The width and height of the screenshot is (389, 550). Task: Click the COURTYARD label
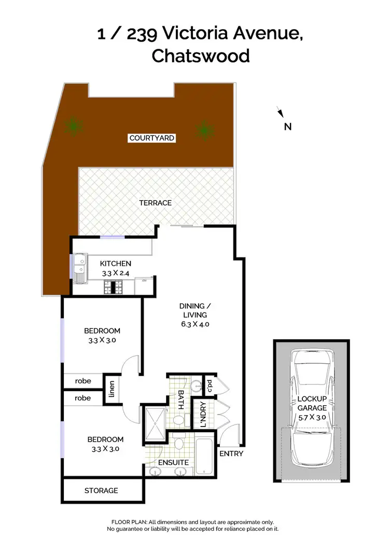point(152,138)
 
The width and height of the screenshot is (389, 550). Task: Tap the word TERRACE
point(155,203)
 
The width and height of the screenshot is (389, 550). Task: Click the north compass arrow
point(280,112)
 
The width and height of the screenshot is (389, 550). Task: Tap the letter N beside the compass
point(288,126)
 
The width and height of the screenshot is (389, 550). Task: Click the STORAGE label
point(101,490)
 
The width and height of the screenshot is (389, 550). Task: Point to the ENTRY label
point(231,453)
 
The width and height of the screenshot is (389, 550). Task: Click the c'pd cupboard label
point(210,385)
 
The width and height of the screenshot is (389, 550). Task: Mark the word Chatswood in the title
point(200,56)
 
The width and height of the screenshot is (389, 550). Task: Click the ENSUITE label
point(174,462)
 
